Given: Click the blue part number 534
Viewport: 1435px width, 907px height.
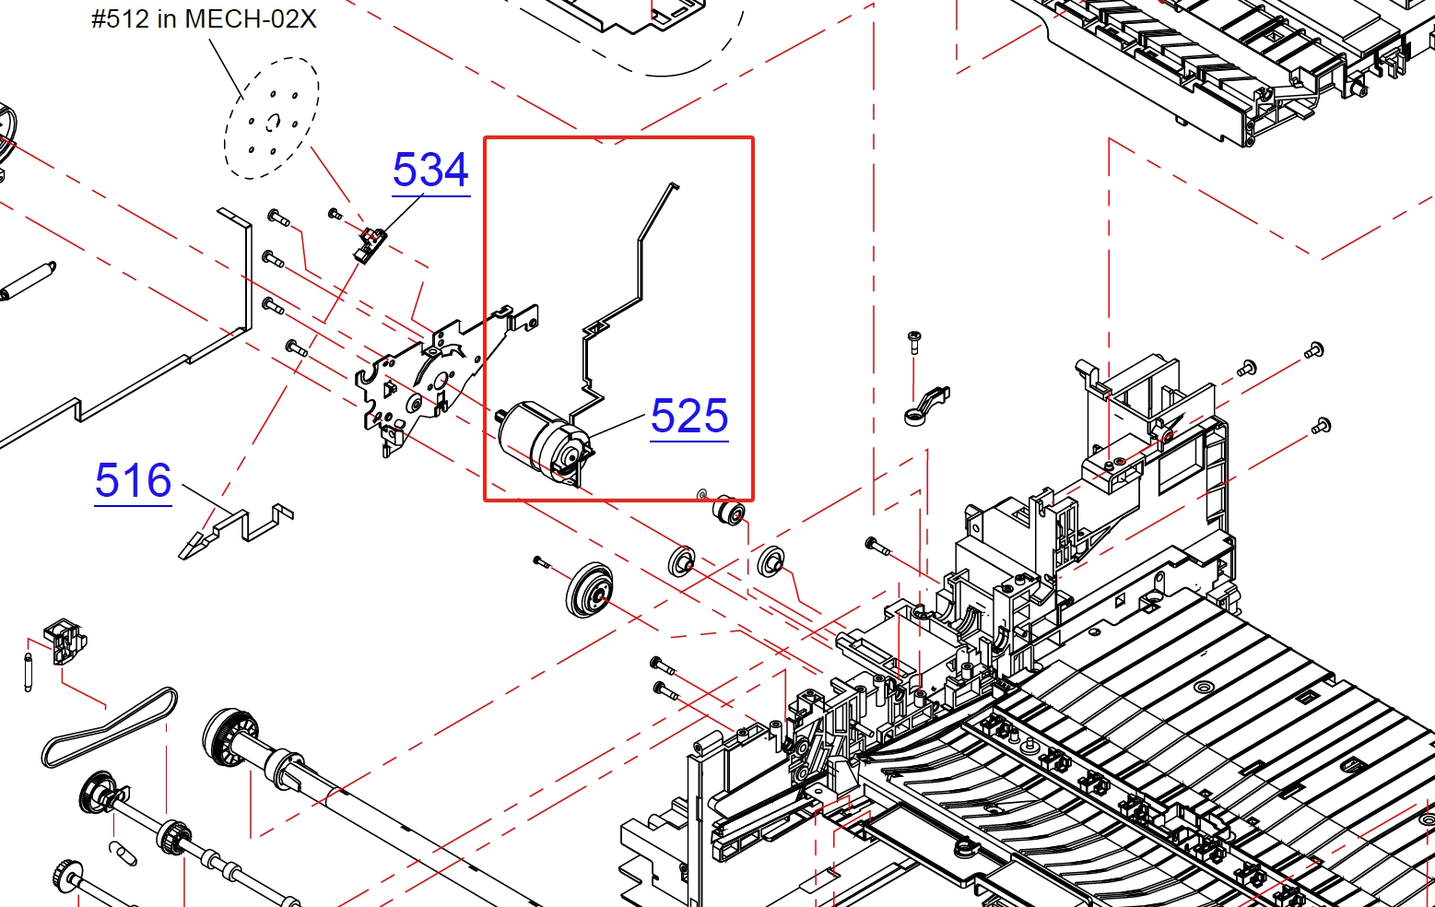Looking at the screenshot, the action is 430,170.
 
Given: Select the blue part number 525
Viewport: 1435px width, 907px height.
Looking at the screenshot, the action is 689,416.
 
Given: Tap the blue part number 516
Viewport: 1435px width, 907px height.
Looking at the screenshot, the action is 134,480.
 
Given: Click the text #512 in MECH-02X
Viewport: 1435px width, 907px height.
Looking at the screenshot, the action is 204,19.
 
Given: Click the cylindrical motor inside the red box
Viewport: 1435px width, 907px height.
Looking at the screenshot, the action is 545,442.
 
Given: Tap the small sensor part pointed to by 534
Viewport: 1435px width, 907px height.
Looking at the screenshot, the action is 370,245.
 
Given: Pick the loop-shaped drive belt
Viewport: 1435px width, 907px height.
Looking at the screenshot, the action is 109,728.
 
